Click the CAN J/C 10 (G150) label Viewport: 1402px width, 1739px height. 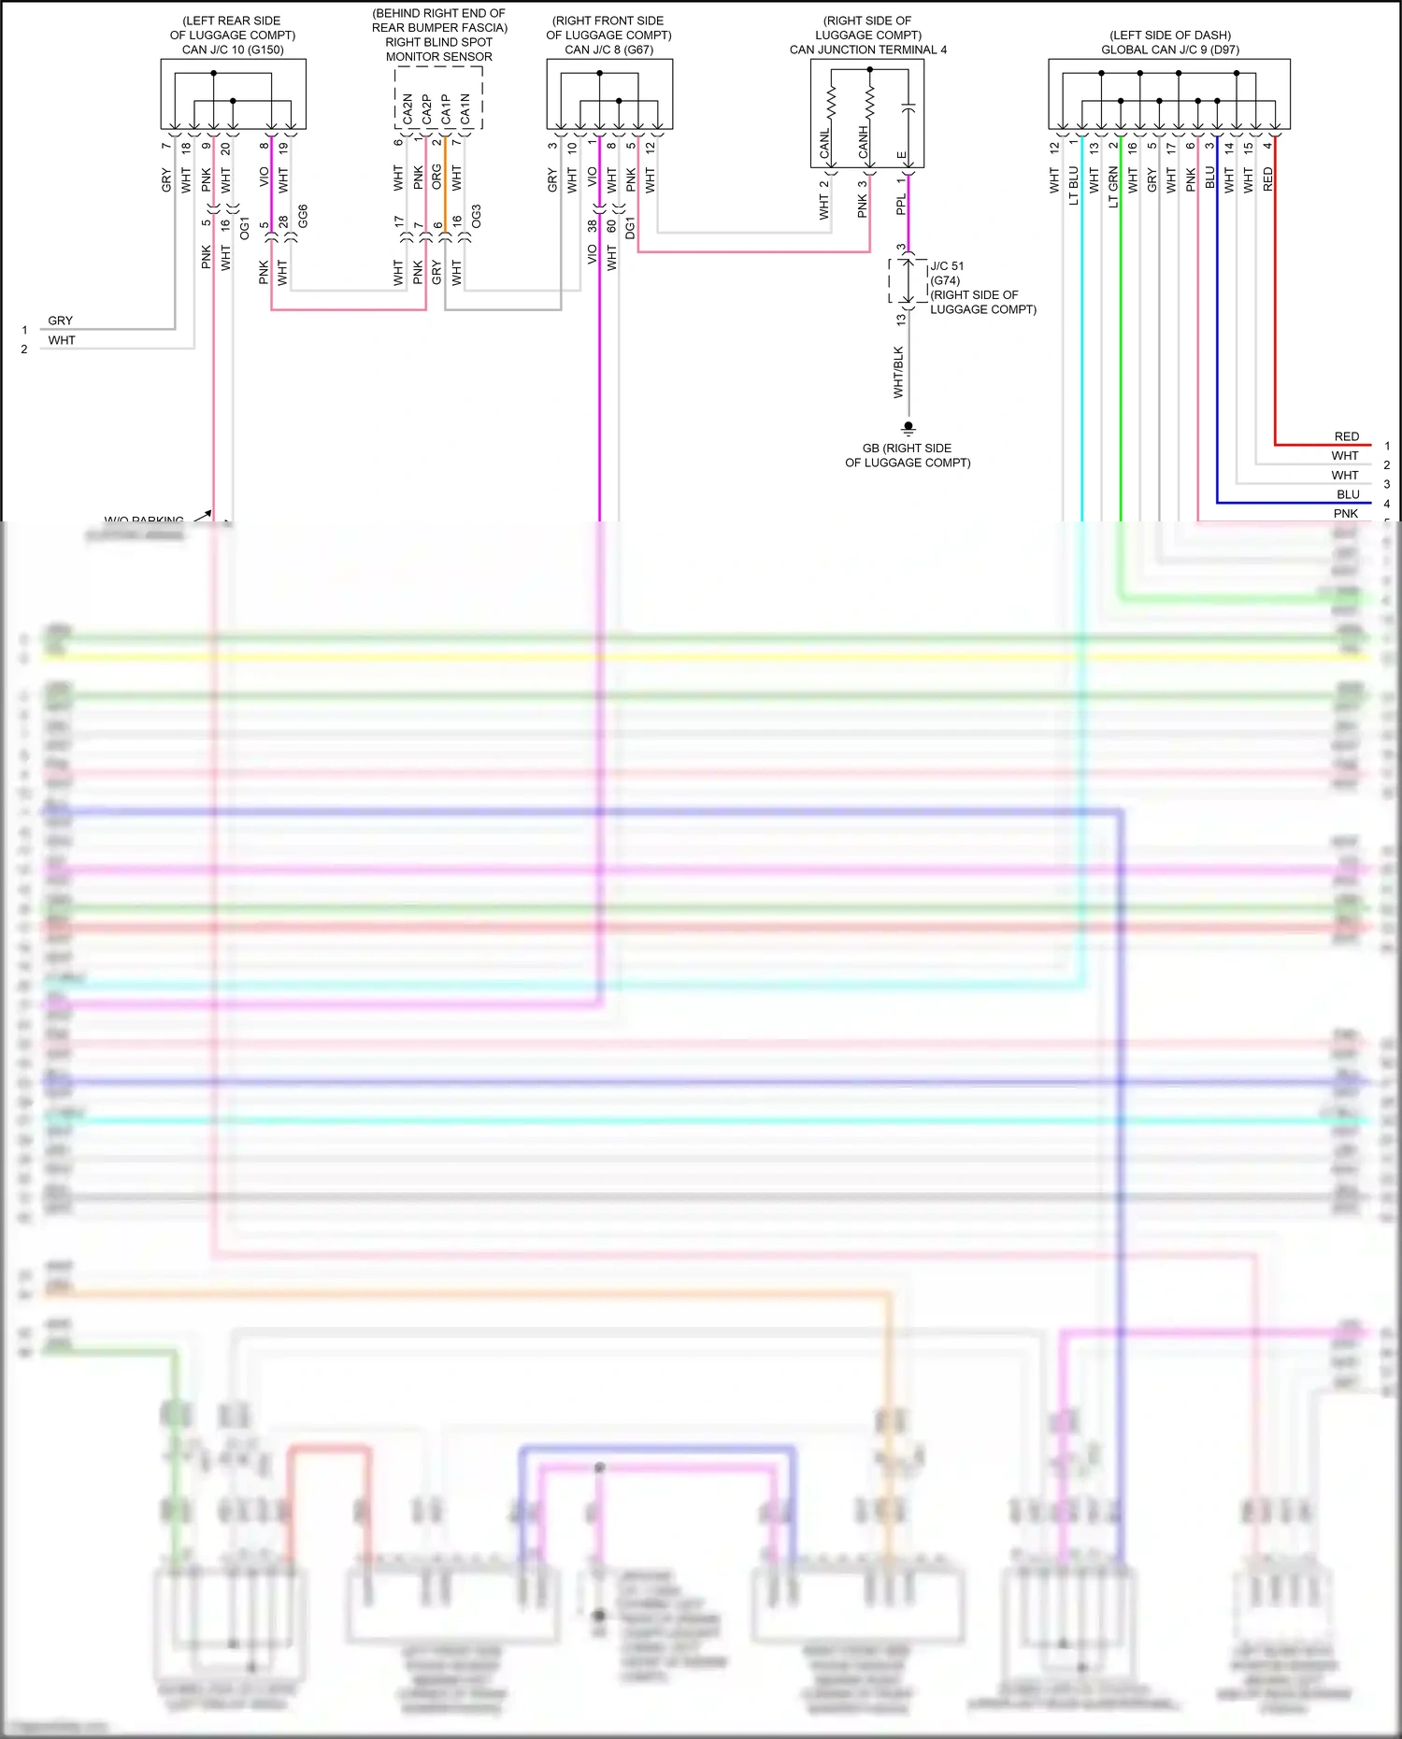pyautogui.click(x=233, y=50)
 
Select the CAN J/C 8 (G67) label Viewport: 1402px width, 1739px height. pyautogui.click(x=608, y=50)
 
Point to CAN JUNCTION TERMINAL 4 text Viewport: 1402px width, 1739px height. pyautogui.click(x=867, y=50)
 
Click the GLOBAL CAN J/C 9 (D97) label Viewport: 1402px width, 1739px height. pyautogui.click(x=1170, y=50)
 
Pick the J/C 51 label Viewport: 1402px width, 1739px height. pyautogui.click(x=947, y=266)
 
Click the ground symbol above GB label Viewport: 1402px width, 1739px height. pyautogui.click(x=908, y=428)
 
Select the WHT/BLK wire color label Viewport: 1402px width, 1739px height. pyautogui.click(x=899, y=372)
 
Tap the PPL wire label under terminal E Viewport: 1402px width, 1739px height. pyautogui.click(x=901, y=205)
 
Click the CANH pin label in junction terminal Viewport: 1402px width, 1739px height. pyautogui.click(x=864, y=143)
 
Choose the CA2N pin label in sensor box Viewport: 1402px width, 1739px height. pyautogui.click(x=408, y=108)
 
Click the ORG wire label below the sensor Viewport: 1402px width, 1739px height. pyautogui.click(x=436, y=178)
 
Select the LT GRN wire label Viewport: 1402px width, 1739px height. pyautogui.click(x=1113, y=187)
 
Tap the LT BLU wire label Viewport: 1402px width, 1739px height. pyautogui.click(x=1074, y=185)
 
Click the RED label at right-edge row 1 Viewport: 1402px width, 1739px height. pyautogui.click(x=1346, y=436)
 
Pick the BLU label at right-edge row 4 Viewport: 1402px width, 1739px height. pyautogui.click(x=1348, y=494)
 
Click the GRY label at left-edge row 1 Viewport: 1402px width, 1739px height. pyautogui.click(x=60, y=321)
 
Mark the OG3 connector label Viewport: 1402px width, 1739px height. pyautogui.click(x=477, y=217)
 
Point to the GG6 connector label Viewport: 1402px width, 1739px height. pyautogui.click(x=303, y=216)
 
